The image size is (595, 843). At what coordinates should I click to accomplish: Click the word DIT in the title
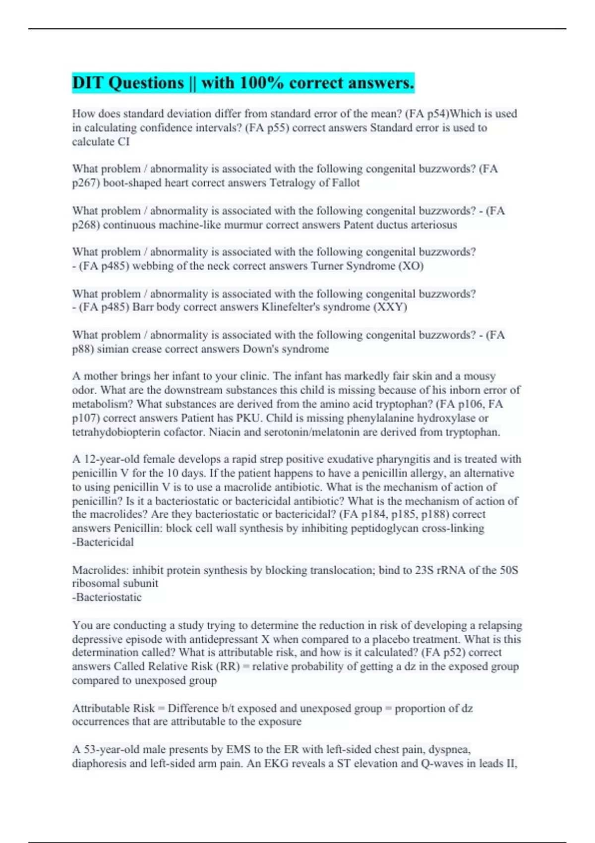88,83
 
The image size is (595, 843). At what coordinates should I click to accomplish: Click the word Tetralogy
292,183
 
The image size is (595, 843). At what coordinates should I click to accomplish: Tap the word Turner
328,266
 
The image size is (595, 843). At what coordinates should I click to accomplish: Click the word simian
111,349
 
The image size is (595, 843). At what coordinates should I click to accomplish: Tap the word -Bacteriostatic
107,598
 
